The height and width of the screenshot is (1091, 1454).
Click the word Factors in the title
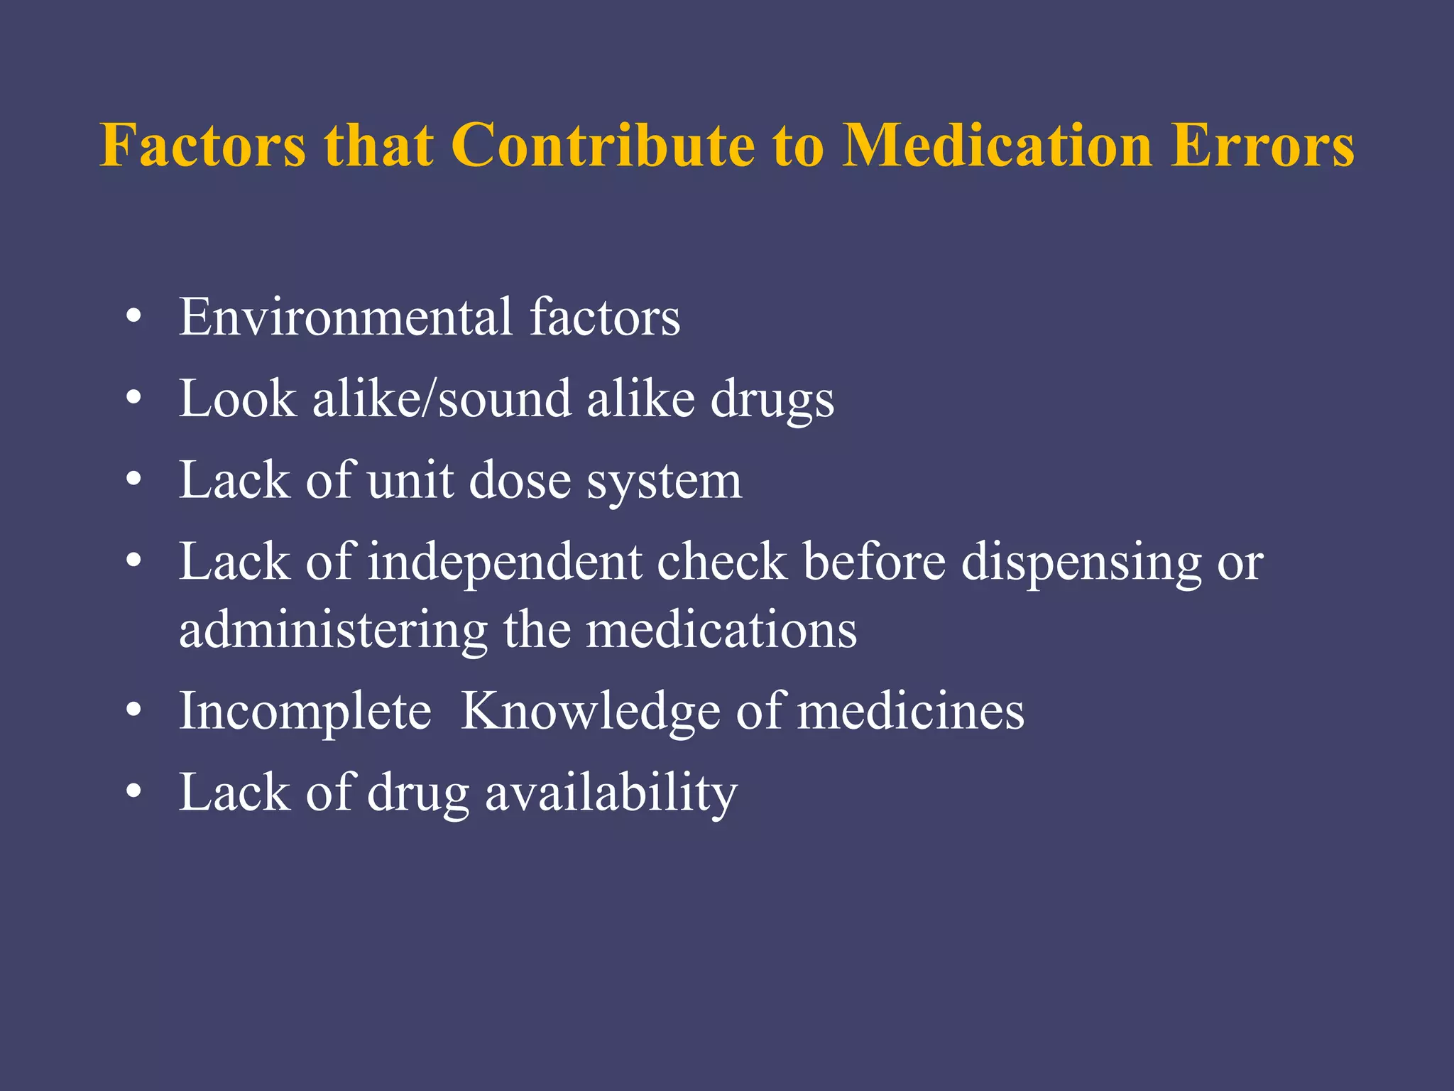pyautogui.click(x=202, y=146)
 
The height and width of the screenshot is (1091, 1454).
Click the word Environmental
pyautogui.click(x=345, y=317)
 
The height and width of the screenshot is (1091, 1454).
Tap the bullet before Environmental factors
pyautogui.click(x=133, y=317)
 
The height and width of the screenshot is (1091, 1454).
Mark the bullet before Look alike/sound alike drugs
pyautogui.click(x=133, y=398)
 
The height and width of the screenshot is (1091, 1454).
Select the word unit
pyautogui.click(x=410, y=480)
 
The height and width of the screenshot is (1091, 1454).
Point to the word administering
pyautogui.click(x=332, y=631)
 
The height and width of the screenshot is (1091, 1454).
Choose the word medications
pyautogui.click(x=721, y=629)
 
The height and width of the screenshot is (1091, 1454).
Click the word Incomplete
pyautogui.click(x=305, y=712)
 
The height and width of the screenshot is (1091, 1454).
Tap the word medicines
pyautogui.click(x=911, y=712)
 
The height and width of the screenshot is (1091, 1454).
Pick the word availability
pyautogui.click(x=611, y=793)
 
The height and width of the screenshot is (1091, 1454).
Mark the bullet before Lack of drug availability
pyautogui.click(x=133, y=793)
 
